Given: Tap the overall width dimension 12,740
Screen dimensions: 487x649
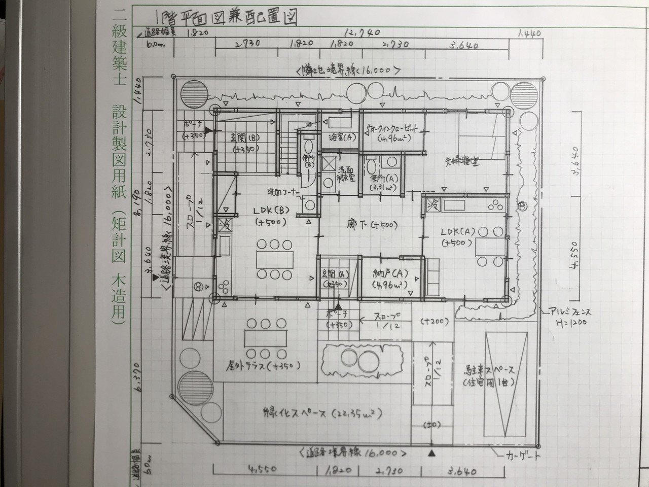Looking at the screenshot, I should pyautogui.click(x=362, y=33).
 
